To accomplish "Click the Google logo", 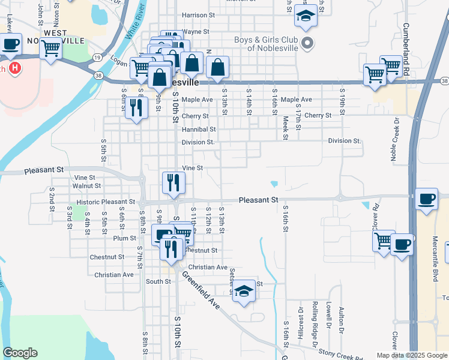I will (20, 353).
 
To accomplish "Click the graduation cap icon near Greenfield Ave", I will (244, 292).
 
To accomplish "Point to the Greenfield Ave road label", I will (201, 292).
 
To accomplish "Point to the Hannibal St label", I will (199, 129).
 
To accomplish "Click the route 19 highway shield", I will (97, 58).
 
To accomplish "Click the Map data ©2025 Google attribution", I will (411, 355).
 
